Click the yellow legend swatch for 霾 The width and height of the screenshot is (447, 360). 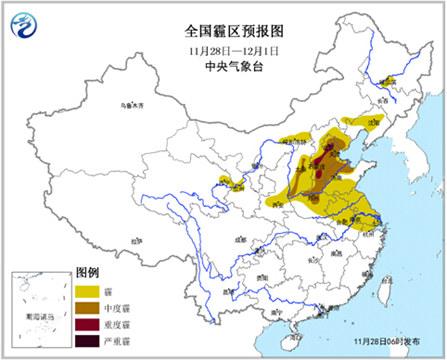[x=92, y=291]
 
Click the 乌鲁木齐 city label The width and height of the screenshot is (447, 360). [x=121, y=104]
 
